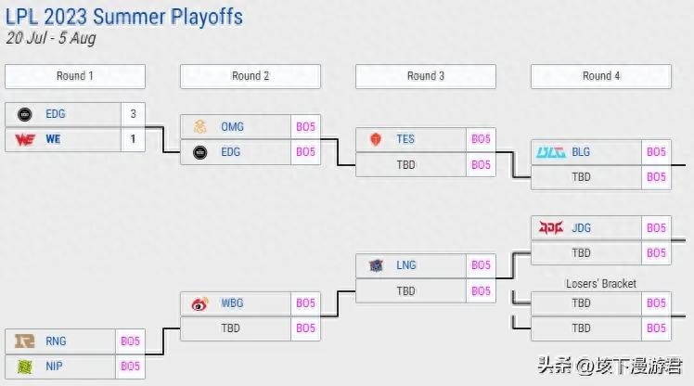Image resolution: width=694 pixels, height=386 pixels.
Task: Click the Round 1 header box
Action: [74, 76]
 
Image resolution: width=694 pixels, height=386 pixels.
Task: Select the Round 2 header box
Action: [251, 76]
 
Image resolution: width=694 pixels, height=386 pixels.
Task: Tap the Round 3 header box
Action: [426, 76]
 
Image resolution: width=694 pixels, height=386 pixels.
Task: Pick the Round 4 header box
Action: [601, 76]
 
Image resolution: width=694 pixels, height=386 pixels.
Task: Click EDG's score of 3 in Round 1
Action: [133, 114]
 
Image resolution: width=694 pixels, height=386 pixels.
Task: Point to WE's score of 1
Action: [133, 139]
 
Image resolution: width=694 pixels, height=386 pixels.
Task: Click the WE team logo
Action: [25, 139]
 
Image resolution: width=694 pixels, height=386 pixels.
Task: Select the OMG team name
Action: [233, 127]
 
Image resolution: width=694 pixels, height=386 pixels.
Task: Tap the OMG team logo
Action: [200, 127]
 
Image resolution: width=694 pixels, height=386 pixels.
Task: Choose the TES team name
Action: [405, 139]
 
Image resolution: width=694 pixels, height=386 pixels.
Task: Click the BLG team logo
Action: [551, 152]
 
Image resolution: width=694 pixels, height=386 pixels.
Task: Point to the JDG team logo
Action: [551, 227]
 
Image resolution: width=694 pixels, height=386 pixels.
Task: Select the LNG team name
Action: [405, 265]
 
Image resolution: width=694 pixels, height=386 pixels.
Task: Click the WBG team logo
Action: [200, 303]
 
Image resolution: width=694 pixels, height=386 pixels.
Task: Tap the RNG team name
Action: [56, 341]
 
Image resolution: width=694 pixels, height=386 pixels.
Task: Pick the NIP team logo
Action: [25, 367]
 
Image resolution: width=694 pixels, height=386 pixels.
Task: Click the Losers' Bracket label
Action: [600, 284]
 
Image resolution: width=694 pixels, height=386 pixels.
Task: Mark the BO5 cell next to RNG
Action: [130, 341]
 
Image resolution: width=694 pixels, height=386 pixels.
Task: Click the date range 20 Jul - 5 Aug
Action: [50, 39]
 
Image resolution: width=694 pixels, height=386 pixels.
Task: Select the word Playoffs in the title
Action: [200, 17]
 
